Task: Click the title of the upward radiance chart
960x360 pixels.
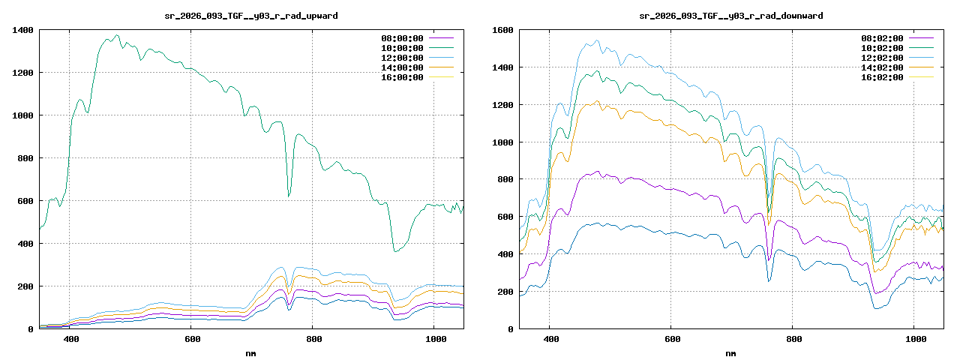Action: point(251,16)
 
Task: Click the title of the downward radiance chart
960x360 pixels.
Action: point(731,16)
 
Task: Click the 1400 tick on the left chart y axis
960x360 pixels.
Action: point(22,30)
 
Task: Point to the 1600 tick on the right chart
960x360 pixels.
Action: point(502,30)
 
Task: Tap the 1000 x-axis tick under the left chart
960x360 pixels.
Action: point(433,340)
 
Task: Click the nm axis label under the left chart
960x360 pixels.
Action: point(251,353)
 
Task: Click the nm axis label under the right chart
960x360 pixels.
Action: point(731,353)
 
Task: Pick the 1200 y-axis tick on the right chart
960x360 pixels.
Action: point(502,105)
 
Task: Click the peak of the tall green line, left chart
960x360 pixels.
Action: point(116,35)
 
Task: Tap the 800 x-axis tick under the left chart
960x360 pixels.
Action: point(312,340)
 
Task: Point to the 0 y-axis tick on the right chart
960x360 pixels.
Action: point(510,329)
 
